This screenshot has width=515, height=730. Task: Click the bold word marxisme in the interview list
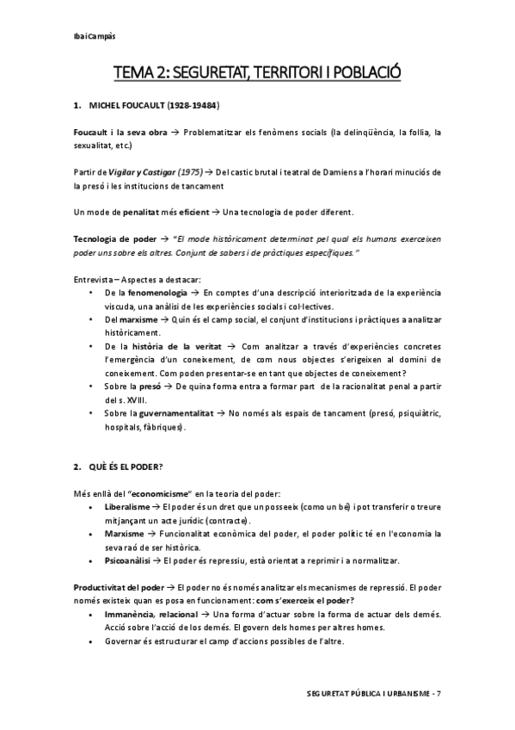128,319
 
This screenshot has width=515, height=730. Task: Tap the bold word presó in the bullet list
152,387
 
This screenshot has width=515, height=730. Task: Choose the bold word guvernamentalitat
173,413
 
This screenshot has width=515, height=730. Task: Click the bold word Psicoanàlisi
126,560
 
